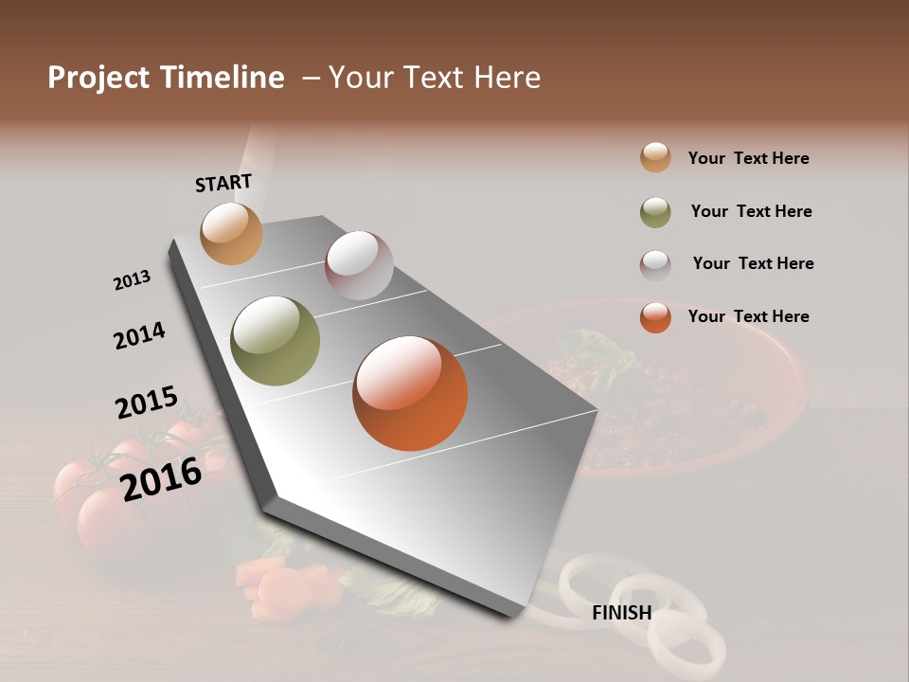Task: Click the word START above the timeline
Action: tap(223, 182)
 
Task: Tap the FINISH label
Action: tap(621, 613)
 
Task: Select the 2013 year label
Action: tap(132, 280)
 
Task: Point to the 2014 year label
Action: tap(139, 335)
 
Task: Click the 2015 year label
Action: tap(147, 403)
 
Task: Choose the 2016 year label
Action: tap(161, 478)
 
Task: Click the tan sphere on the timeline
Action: tap(231, 233)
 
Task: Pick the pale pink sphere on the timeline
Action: tap(359, 264)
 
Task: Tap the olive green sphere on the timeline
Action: tap(275, 341)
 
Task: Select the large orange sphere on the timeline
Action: tap(410, 393)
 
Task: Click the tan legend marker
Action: tap(655, 158)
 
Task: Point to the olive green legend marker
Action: tap(655, 212)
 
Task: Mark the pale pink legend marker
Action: tap(655, 264)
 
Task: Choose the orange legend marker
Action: tap(655, 317)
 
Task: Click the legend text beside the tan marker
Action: tap(748, 158)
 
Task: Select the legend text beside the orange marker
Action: tap(748, 316)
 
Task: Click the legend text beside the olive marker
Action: tap(751, 211)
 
